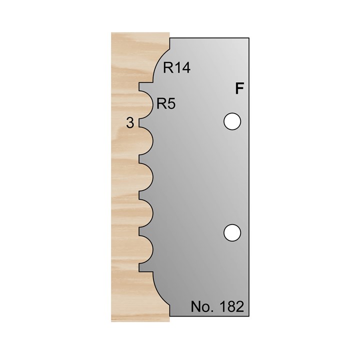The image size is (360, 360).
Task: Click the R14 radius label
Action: [177, 68]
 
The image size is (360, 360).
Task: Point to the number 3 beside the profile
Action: [130, 123]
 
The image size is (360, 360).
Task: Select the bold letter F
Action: [239, 89]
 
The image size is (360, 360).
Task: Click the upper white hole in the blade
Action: [231, 121]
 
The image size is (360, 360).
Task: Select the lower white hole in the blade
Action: [231, 232]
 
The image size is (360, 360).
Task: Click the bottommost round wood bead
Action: [146, 253]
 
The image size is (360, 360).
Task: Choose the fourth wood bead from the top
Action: [146, 216]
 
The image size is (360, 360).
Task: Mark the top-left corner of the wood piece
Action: [111, 33]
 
